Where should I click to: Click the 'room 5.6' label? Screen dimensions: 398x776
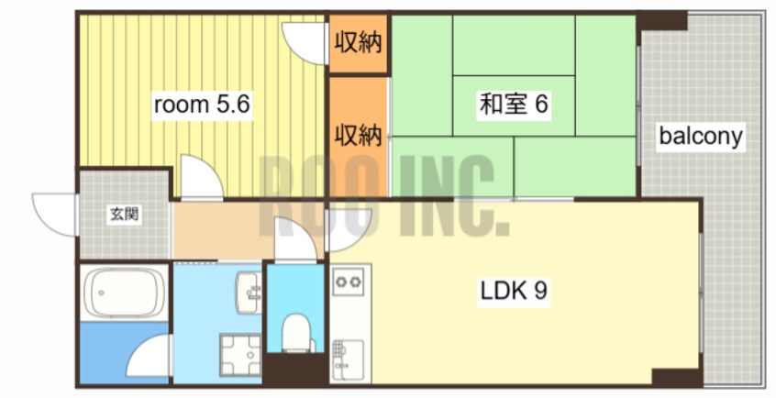coord(201,105)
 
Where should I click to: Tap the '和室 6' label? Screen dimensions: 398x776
coord(513,105)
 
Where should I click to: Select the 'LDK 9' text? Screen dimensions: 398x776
coord(515,291)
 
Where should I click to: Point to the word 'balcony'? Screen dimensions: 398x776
coord(701,138)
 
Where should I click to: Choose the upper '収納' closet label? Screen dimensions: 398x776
coord(358,42)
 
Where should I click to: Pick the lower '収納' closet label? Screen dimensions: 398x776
coord(358,136)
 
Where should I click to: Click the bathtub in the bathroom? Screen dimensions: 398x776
coord(124,293)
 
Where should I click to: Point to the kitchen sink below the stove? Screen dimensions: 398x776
coord(349,353)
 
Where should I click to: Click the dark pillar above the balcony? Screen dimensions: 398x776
coord(662,20)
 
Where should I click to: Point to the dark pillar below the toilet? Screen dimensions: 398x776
coord(295,369)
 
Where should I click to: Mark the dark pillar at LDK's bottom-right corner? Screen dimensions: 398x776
coord(677,377)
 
